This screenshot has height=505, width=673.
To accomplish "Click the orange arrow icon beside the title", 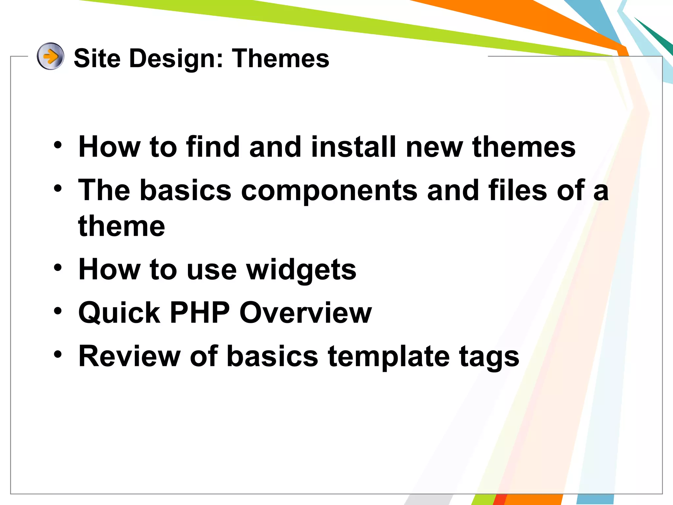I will (x=50, y=56).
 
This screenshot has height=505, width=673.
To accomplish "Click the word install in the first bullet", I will (x=353, y=147).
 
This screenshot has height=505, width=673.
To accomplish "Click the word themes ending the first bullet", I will (x=524, y=147).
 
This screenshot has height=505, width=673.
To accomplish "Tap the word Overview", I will (x=306, y=313).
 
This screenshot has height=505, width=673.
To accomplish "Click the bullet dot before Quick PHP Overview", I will (x=58, y=310).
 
